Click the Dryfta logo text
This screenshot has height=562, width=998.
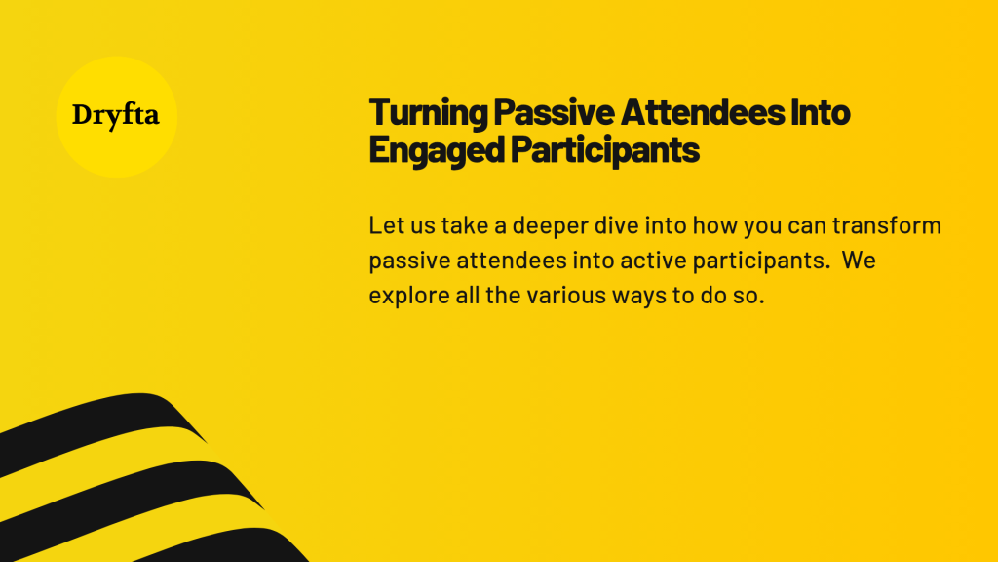click(115, 116)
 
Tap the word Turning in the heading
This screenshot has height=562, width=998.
click(429, 113)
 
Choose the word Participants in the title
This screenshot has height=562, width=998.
click(604, 151)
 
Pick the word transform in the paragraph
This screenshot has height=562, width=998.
click(887, 225)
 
